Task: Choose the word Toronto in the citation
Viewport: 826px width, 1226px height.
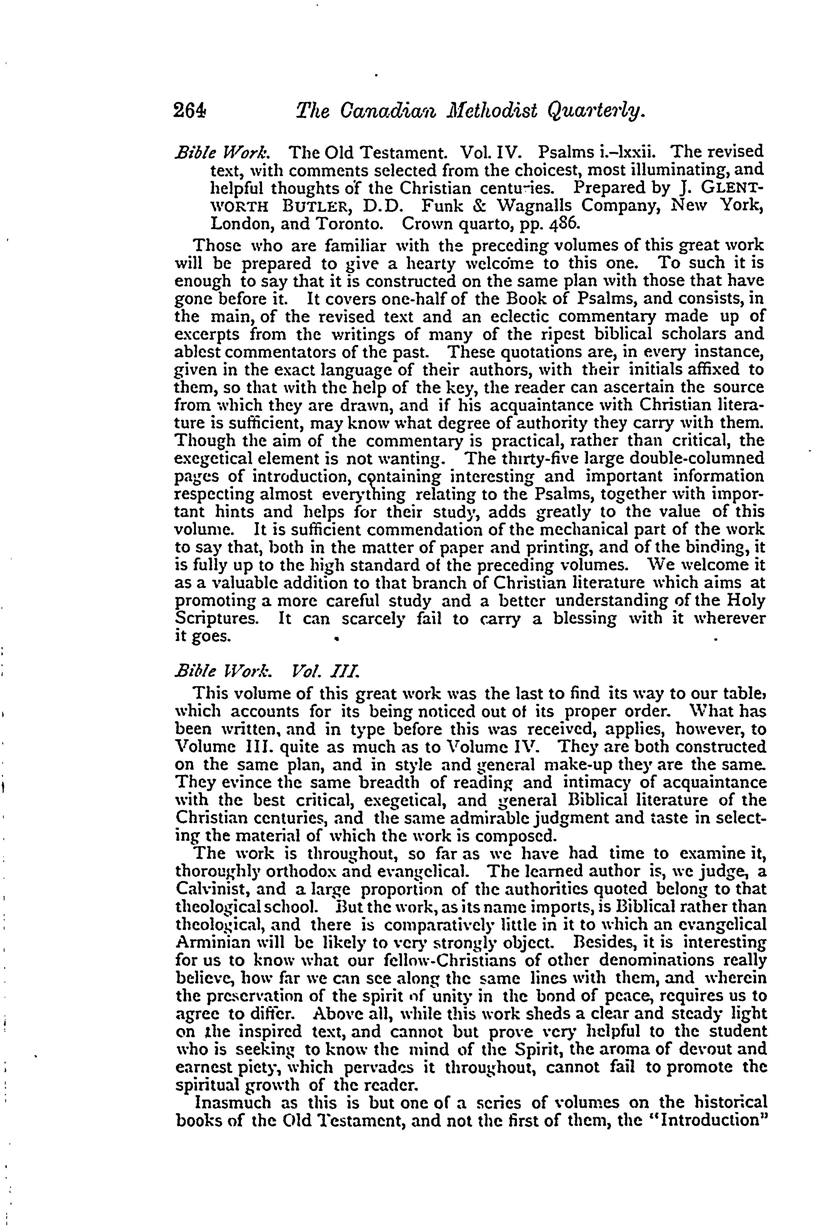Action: [348, 223]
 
